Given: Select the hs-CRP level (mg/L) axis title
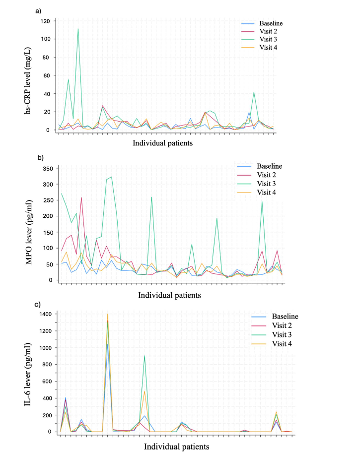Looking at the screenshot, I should coord(30,75).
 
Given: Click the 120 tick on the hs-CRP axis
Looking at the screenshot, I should coord(46,21).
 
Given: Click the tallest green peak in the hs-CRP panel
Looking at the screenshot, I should coord(78,29).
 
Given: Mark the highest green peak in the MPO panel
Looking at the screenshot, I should coord(112,177).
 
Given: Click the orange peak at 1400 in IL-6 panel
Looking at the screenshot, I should coord(107,314).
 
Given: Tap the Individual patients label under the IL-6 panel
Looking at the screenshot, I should coord(176,446).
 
